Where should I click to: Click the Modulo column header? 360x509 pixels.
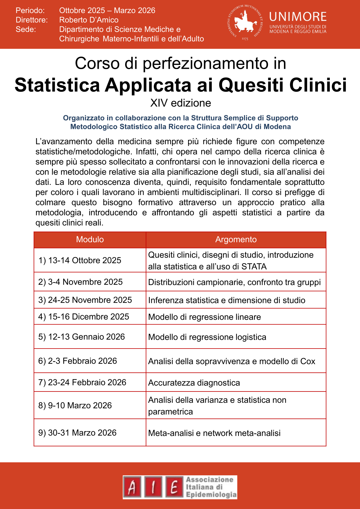pyautogui.click(x=90, y=239)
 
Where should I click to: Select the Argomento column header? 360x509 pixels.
pyautogui.click(x=236, y=239)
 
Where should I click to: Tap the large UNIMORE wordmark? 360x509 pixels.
pyautogui.click(x=298, y=17)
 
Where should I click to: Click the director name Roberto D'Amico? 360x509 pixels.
pyautogui.click(x=89, y=20)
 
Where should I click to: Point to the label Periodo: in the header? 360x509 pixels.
pyautogui.click(x=30, y=10)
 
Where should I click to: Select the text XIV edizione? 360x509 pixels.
pyautogui.click(x=181, y=103)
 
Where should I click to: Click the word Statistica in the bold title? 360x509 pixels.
pyautogui.click(x=57, y=85)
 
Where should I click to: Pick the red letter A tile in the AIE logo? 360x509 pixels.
pyautogui.click(x=132, y=487)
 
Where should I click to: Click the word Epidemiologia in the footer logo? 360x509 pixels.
pyautogui.click(x=211, y=495)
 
